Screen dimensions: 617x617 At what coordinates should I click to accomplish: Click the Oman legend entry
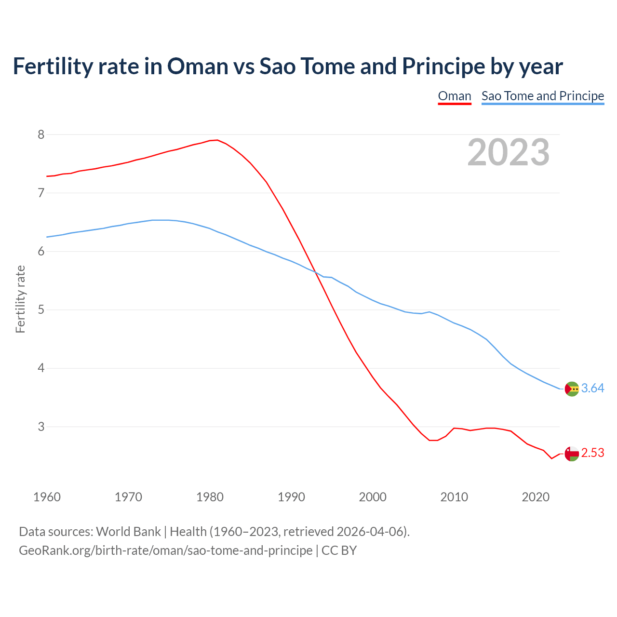click(x=454, y=96)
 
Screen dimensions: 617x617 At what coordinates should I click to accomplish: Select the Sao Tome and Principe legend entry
click(x=542, y=96)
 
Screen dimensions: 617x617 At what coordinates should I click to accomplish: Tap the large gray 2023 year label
click(x=508, y=152)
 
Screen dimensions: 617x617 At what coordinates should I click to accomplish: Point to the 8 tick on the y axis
click(x=41, y=134)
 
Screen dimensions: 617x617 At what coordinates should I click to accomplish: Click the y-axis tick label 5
click(x=41, y=309)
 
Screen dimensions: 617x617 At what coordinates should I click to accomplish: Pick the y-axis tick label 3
click(x=41, y=427)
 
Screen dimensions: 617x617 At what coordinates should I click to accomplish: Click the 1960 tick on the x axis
click(x=47, y=497)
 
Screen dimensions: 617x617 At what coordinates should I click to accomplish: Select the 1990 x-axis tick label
click(x=291, y=497)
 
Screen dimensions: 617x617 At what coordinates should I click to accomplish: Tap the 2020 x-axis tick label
click(x=536, y=497)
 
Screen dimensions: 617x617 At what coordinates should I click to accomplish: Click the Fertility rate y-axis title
click(x=20, y=299)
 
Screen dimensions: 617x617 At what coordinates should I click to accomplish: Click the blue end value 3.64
click(x=592, y=388)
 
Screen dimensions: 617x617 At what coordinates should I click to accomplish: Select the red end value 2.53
click(x=592, y=453)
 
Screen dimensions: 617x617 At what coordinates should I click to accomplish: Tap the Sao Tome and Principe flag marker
click(x=572, y=389)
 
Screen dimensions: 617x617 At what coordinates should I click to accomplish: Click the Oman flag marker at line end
click(x=572, y=454)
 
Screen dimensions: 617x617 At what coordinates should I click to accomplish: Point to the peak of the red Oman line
click(x=217, y=140)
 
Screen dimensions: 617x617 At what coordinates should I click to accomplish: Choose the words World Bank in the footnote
click(x=128, y=531)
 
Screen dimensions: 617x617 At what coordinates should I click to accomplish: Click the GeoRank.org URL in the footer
click(x=165, y=550)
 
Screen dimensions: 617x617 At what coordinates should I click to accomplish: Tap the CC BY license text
click(x=339, y=550)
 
